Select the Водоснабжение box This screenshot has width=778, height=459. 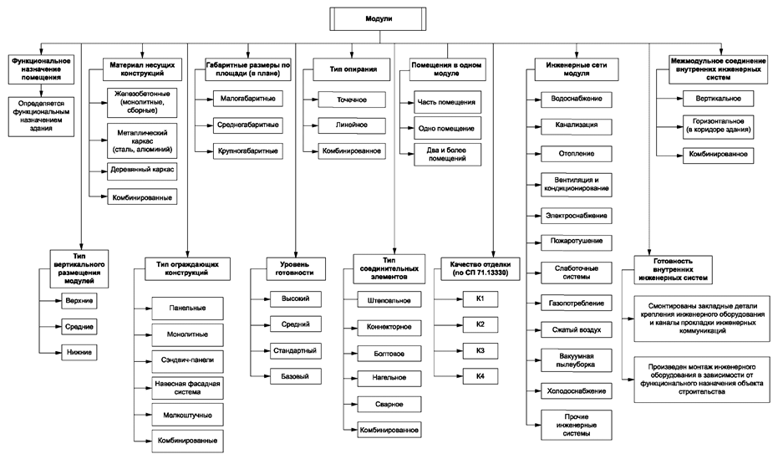572,99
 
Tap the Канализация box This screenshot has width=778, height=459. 572,125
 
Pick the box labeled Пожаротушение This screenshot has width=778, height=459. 572,242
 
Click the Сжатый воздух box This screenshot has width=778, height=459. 572,330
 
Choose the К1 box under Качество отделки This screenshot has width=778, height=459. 481,298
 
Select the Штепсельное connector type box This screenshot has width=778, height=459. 387,299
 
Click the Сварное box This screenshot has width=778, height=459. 387,404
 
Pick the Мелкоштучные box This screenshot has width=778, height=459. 181,414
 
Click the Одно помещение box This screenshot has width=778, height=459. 446,130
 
